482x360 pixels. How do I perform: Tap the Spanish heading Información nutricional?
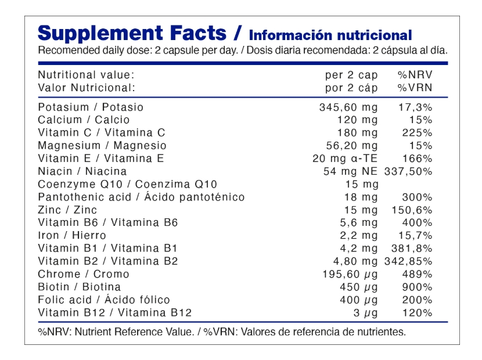click(330, 35)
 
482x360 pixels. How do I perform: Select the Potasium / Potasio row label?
click(91, 107)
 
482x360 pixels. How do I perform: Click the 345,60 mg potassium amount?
click(348, 107)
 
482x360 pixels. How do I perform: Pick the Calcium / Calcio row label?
click(84, 120)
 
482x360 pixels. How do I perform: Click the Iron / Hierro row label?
click(72, 235)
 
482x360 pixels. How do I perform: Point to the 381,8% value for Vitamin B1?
click(413, 249)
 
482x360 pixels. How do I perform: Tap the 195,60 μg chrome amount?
click(350, 274)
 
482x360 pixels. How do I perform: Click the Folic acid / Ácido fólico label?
click(104, 300)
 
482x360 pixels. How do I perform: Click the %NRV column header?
click(415, 75)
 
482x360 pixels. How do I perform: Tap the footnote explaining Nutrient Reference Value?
click(222, 332)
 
